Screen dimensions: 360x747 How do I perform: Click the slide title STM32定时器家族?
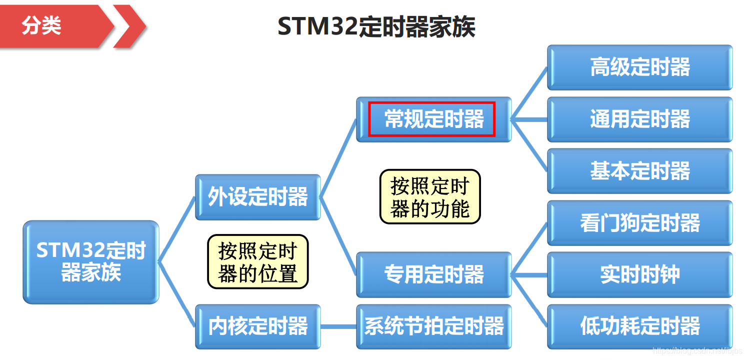(376, 27)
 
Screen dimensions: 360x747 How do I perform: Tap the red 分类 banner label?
(41, 25)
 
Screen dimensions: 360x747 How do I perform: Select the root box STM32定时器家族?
(91, 262)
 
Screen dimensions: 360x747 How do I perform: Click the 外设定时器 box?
(257, 197)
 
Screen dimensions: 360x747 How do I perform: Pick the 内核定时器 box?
(257, 326)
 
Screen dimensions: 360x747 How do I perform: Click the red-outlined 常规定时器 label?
(432, 119)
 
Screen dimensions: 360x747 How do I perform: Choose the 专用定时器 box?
(434, 274)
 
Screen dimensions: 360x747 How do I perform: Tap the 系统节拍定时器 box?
(434, 326)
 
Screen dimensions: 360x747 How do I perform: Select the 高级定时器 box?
(639, 67)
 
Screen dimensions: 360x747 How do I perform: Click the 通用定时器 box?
(639, 119)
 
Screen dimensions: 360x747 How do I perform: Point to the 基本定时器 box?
(639, 171)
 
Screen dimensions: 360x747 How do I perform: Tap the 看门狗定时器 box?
(639, 223)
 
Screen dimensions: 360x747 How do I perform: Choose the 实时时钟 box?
(639, 274)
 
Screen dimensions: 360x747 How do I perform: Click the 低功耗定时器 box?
(639, 326)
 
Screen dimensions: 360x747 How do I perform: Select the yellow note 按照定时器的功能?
(430, 196)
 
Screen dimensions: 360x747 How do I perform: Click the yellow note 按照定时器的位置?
(258, 261)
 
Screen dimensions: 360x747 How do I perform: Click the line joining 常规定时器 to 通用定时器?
(529, 119)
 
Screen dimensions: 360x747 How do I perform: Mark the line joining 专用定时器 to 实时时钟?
(529, 274)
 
